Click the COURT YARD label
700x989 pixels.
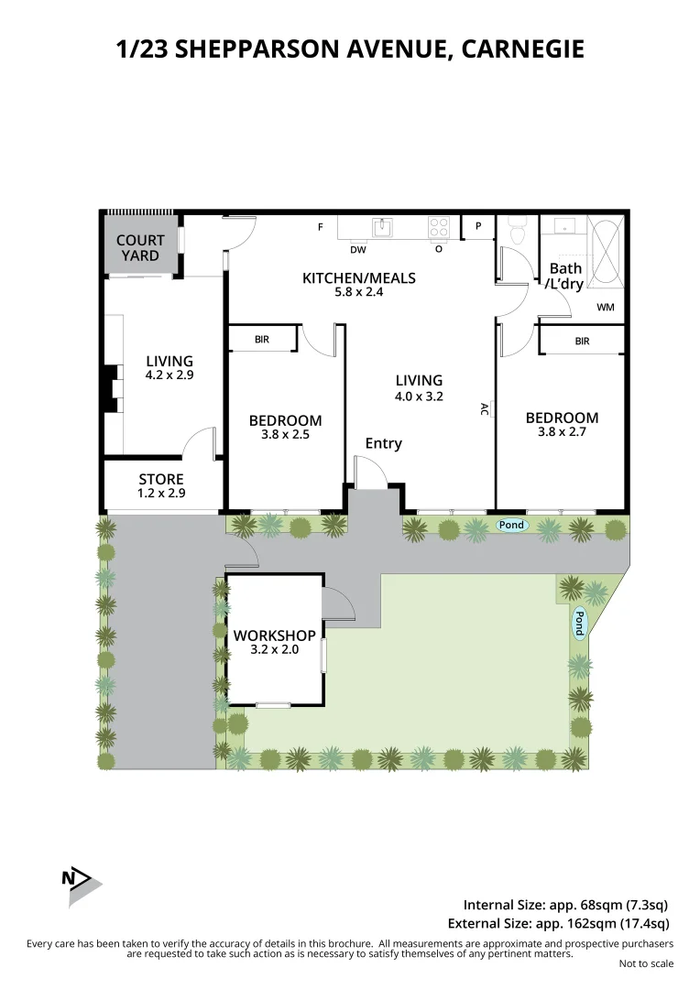[140, 248]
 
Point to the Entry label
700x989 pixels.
[383, 443]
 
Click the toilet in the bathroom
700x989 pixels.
[516, 229]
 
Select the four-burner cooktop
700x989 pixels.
[439, 226]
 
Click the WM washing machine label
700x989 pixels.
[606, 308]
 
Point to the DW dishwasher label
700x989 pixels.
[357, 249]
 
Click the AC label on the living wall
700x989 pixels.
[485, 409]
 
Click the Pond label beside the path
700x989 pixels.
[512, 525]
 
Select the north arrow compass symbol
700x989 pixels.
[81, 881]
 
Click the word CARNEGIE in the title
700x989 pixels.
[522, 49]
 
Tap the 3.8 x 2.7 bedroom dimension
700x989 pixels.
[562, 432]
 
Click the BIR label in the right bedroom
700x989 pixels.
[582, 342]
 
